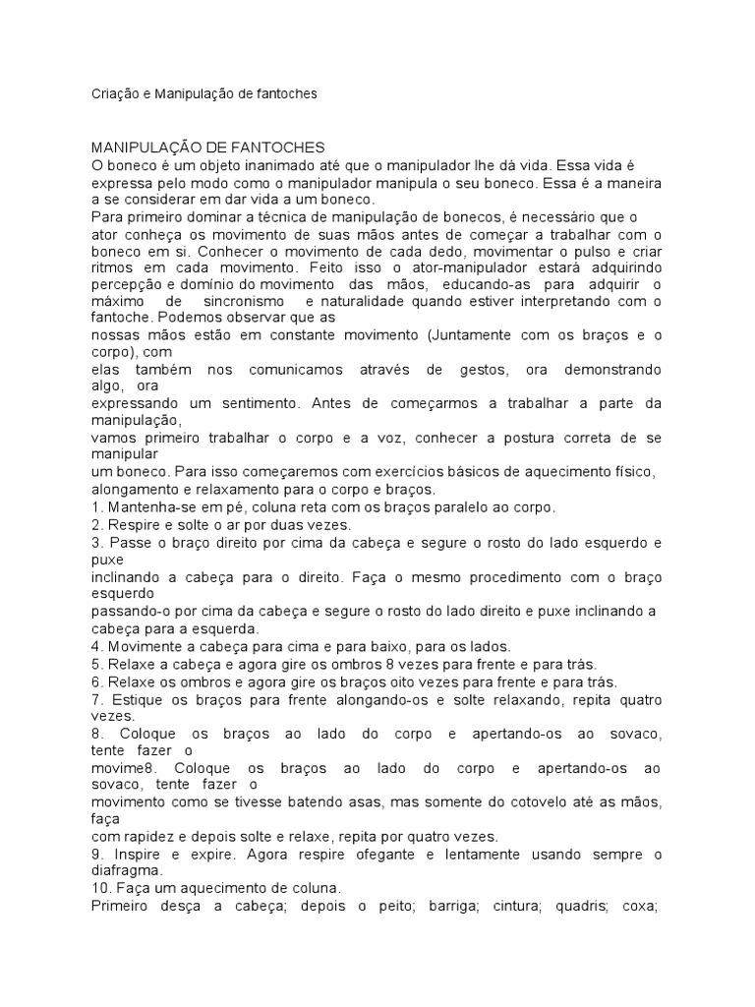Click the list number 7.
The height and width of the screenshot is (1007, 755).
click(96, 700)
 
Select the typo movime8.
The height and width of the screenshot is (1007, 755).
click(123, 767)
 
